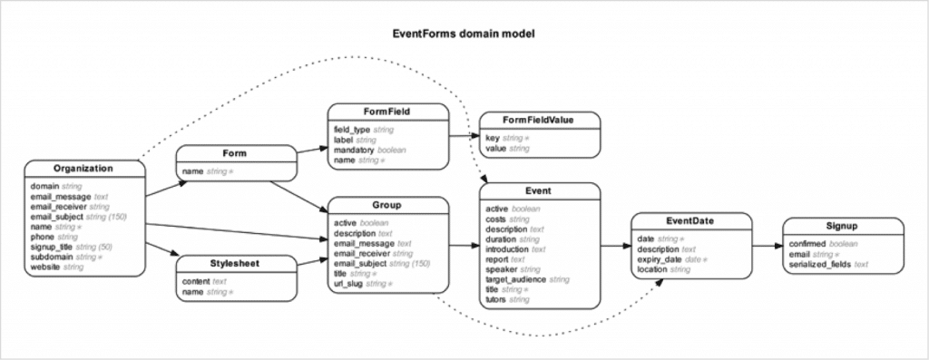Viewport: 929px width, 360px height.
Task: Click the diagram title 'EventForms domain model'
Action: pyautogui.click(x=464, y=34)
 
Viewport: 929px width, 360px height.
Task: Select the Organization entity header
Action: pyautogui.click(x=83, y=169)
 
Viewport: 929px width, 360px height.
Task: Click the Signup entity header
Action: pyautogui.click(x=842, y=226)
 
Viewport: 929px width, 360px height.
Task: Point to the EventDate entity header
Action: pyautogui.click(x=691, y=220)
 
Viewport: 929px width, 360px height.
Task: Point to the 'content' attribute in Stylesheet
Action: pyautogui.click(x=196, y=282)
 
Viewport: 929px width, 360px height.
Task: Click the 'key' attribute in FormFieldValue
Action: pyautogui.click(x=493, y=138)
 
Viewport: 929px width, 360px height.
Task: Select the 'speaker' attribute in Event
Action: pyautogui.click(x=501, y=269)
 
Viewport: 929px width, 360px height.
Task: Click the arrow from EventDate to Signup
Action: pyautogui.click(x=767, y=245)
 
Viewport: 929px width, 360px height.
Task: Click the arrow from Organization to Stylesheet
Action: pyautogui.click(x=160, y=249)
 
